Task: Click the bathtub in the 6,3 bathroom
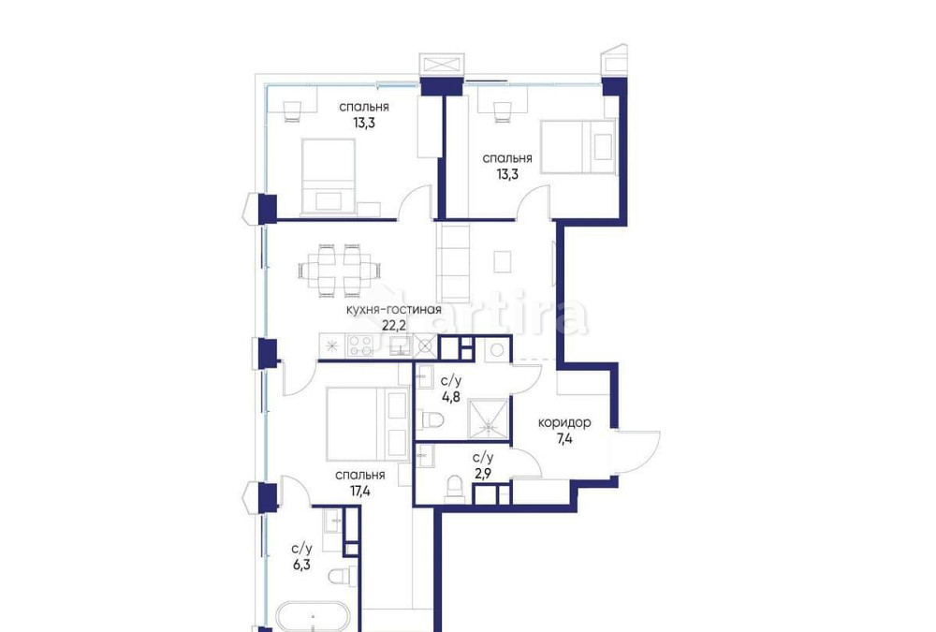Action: tap(314, 618)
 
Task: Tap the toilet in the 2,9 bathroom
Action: tap(454, 487)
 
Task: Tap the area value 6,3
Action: tap(301, 565)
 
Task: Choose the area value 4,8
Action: tap(450, 395)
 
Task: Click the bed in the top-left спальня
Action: tap(328, 175)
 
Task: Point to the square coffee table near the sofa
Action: tap(504, 261)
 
